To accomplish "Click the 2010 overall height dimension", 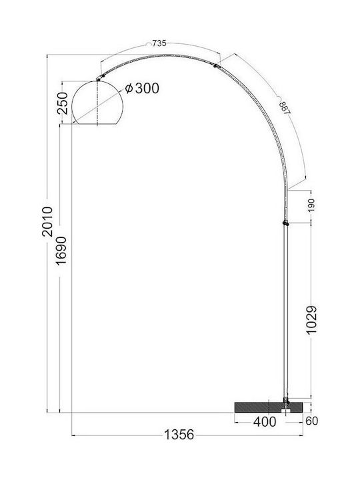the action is point(47,221).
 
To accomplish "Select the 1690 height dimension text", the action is point(61,251).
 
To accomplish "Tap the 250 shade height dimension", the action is point(63,103).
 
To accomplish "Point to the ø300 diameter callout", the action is point(143,89).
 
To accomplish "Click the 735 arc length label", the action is point(159,43).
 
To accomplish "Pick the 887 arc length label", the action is point(285,107).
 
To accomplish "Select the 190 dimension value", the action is point(311,205).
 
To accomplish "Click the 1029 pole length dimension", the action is point(311,320).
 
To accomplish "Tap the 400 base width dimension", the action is point(265,422).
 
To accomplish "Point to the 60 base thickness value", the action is point(311,421).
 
